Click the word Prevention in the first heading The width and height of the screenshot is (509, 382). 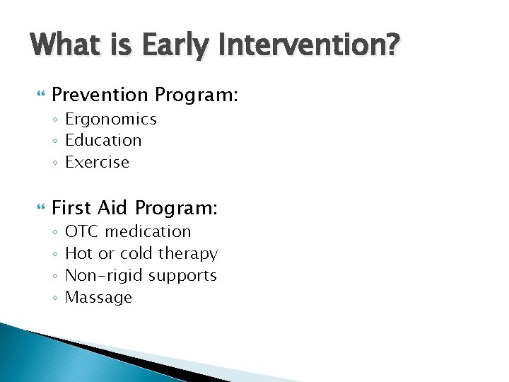pos(100,95)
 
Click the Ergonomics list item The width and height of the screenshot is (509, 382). pos(110,120)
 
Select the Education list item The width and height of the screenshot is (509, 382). pos(103,140)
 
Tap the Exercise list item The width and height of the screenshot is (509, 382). pos(97,162)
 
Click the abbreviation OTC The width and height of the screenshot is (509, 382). pos(82,231)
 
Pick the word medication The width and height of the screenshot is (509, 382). pos(148,231)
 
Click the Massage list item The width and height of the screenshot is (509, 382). pos(98,297)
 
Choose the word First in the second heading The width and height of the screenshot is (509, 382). pos(71,208)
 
